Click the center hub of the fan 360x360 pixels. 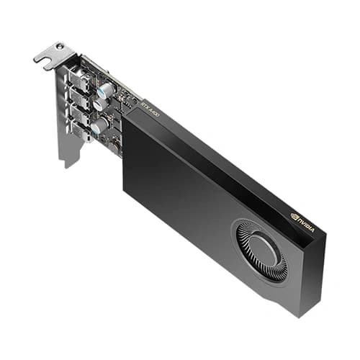pos(264,251)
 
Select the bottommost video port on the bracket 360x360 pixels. pos(80,130)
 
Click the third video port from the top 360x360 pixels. pos(80,113)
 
